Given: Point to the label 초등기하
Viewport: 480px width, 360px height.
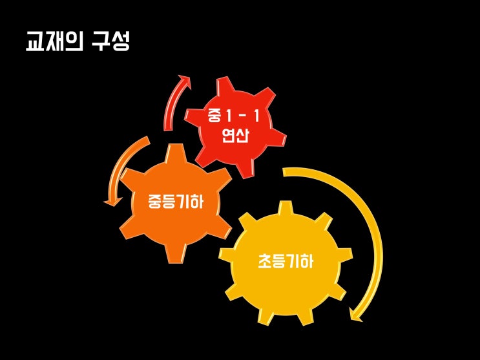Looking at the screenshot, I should (286, 262).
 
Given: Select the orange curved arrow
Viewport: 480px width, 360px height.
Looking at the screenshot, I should (123, 168).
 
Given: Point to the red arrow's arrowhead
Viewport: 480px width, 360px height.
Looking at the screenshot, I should (185, 81).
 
